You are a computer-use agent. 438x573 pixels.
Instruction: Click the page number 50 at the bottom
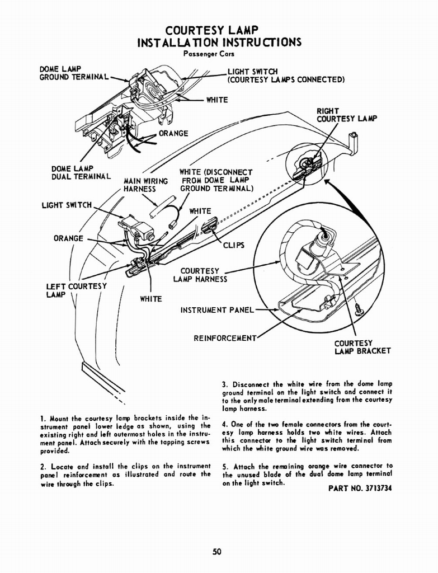click(218, 552)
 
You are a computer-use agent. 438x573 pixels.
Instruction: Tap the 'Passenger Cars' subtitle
click(209, 54)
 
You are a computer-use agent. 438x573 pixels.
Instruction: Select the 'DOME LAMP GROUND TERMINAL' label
click(73, 73)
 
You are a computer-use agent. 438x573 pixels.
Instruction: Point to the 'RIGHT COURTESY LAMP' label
click(347, 115)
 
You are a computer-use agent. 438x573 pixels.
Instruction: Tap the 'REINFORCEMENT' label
click(225, 338)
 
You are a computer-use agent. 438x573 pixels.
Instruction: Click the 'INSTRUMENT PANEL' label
click(217, 309)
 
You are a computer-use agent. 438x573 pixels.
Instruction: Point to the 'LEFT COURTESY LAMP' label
click(76, 290)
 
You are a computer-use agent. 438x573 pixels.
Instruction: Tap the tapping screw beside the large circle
click(358, 308)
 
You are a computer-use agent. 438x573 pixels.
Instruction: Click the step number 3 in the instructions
click(224, 384)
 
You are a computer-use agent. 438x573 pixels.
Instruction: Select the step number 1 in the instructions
click(43, 418)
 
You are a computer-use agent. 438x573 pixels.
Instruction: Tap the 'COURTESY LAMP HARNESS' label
click(200, 275)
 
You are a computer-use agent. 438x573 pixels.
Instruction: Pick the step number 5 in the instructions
click(224, 466)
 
